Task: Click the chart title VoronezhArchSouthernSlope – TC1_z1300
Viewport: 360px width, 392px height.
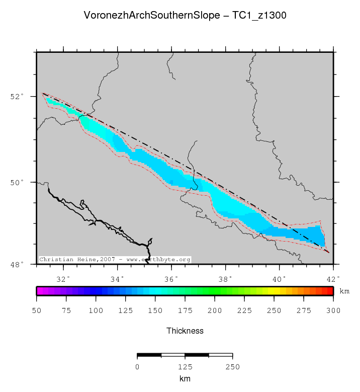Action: (185, 16)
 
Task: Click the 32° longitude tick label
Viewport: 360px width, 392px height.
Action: (63, 279)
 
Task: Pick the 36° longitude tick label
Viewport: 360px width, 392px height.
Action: (171, 279)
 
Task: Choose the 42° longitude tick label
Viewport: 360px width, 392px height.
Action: (333, 279)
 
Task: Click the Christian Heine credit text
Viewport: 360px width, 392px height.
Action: (115, 260)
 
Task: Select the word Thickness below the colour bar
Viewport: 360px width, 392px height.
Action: (185, 331)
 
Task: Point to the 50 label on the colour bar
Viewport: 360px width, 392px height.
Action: (37, 310)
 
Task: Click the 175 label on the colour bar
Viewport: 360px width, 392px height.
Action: (185, 310)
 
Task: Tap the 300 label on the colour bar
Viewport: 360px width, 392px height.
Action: (333, 310)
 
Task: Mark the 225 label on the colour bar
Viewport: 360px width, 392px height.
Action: (244, 310)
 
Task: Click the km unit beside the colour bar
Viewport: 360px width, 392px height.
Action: (344, 291)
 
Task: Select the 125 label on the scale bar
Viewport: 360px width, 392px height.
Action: (185, 367)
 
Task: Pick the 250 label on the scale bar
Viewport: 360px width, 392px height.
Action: (232, 367)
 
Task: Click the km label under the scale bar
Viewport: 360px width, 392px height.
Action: (185, 378)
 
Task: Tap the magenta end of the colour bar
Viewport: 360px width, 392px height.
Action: (39, 291)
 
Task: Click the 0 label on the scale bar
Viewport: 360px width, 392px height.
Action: (137, 367)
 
